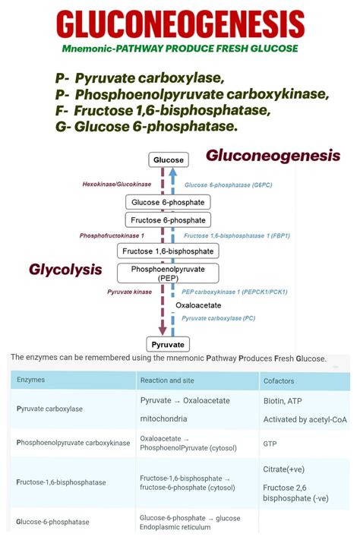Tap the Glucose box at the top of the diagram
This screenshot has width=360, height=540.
[168, 160]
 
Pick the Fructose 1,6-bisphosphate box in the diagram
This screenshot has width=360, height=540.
[168, 251]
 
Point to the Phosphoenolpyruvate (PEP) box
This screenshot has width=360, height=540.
[168, 273]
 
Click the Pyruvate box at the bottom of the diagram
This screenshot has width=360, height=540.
[168, 344]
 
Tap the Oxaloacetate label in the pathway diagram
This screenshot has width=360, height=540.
[197, 305]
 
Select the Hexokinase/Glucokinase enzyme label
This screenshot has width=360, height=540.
[117, 185]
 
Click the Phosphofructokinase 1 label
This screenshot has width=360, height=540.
[112, 236]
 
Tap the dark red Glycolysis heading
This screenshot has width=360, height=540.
[65, 270]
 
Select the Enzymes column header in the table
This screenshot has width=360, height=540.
[30, 379]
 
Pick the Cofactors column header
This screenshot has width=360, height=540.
[278, 379]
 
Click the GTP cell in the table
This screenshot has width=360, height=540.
[270, 442]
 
